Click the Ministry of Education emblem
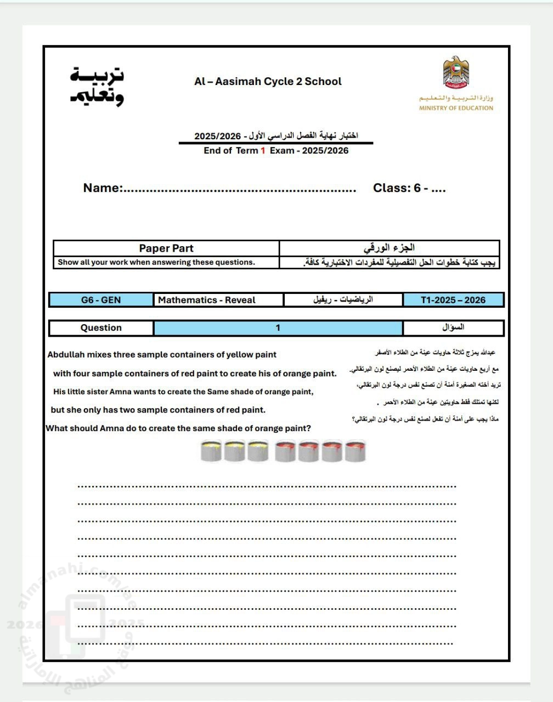[x=456, y=72]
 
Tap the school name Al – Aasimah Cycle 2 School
[x=268, y=82]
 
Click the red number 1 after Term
[x=263, y=151]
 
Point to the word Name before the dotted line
[x=101, y=188]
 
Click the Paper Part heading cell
[x=166, y=248]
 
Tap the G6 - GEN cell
[x=101, y=300]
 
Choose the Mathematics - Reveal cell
[x=207, y=300]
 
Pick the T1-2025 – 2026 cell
[x=453, y=300]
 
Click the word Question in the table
[x=101, y=328]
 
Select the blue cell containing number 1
[x=278, y=328]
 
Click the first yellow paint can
[x=211, y=451]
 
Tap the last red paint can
[x=354, y=451]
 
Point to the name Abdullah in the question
[x=66, y=355]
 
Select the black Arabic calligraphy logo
[x=97, y=87]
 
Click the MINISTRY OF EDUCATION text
[x=456, y=108]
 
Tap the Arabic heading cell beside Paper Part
[x=389, y=248]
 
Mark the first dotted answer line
[x=267, y=486]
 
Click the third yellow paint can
[x=258, y=451]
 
